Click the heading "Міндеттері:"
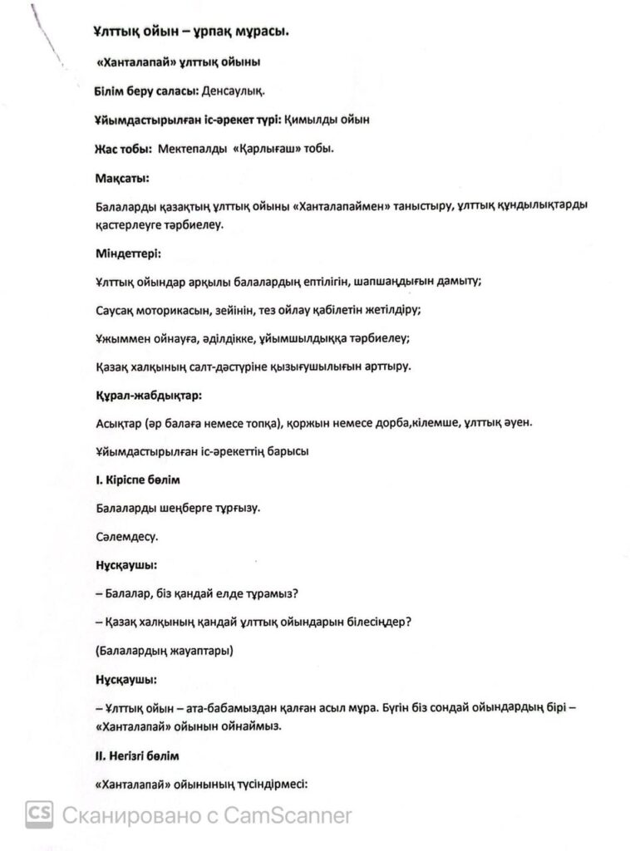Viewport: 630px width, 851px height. [128, 251]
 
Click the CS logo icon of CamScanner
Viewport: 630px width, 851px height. [39, 814]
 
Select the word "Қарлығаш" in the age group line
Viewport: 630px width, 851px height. [252, 148]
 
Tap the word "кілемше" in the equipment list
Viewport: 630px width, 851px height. [451, 422]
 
